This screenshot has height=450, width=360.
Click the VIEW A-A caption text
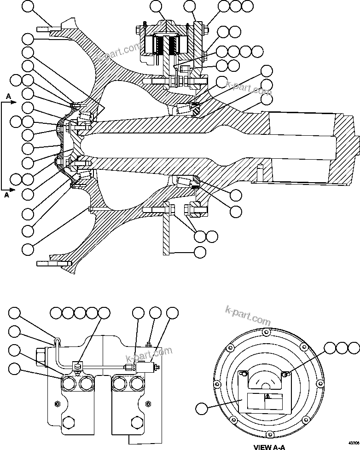(x=269, y=446)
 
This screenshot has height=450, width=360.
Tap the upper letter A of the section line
(x=9, y=96)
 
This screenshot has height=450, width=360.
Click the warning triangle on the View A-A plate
(x=268, y=396)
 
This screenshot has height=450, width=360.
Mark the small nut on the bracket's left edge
(x=57, y=404)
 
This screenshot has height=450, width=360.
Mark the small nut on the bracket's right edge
(x=148, y=404)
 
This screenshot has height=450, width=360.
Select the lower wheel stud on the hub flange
(x=52, y=263)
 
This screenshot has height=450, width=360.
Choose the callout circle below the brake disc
(x=200, y=252)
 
